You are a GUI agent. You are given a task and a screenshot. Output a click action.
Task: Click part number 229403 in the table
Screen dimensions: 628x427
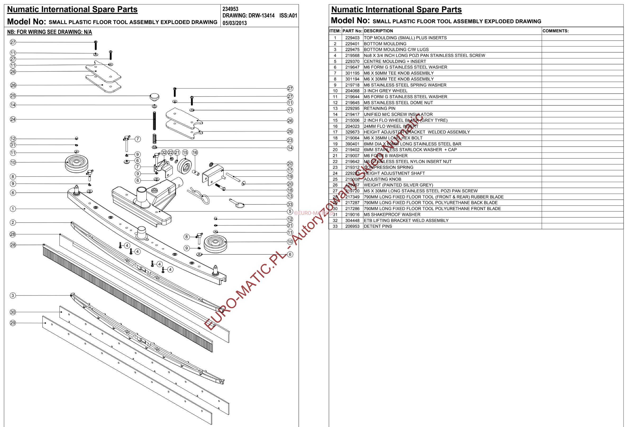pyautogui.click(x=352, y=38)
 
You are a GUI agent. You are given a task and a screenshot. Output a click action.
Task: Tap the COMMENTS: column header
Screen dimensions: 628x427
pyautogui.click(x=555, y=31)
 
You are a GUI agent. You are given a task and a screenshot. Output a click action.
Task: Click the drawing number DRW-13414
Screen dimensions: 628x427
pyautogui.click(x=261, y=15)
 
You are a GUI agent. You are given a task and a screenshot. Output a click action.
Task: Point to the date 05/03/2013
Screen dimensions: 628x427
pyautogui.click(x=235, y=23)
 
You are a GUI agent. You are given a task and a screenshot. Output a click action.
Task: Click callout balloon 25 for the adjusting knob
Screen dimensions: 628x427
pyautogui.click(x=13, y=96)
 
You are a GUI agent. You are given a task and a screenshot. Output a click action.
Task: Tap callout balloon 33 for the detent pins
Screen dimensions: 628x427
pyautogui.click(x=290, y=204)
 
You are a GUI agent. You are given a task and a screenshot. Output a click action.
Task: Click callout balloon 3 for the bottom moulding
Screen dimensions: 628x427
pyautogui.click(x=13, y=296)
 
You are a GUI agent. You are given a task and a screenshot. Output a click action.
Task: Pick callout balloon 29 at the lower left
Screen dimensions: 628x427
pyautogui.click(x=13, y=323)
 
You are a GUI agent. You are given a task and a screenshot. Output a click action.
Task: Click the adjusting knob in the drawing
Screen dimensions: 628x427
pyautogui.click(x=154, y=97)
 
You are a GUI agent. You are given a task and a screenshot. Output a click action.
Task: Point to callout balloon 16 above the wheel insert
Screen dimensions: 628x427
pyautogui.click(x=195, y=152)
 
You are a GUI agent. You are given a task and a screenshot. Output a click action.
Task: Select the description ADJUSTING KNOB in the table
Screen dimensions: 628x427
pyautogui.click(x=382, y=179)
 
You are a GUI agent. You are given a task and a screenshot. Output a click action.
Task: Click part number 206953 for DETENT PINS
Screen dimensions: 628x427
pyautogui.click(x=352, y=226)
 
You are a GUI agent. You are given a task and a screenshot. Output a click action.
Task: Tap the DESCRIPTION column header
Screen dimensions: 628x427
pyautogui.click(x=378, y=31)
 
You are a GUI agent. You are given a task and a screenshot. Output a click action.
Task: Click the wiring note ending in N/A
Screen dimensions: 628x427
pyautogui.click(x=49, y=32)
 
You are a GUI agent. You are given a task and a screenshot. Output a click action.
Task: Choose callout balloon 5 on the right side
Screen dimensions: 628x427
pyautogui.click(x=290, y=211)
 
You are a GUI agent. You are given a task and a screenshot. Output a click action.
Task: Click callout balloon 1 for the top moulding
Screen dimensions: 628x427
pyautogui.click(x=13, y=209)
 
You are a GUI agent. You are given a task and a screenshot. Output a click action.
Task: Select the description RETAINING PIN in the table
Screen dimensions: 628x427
pyautogui.click(x=379, y=108)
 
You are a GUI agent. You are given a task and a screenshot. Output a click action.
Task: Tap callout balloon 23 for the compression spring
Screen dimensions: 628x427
pyautogui.click(x=290, y=140)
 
